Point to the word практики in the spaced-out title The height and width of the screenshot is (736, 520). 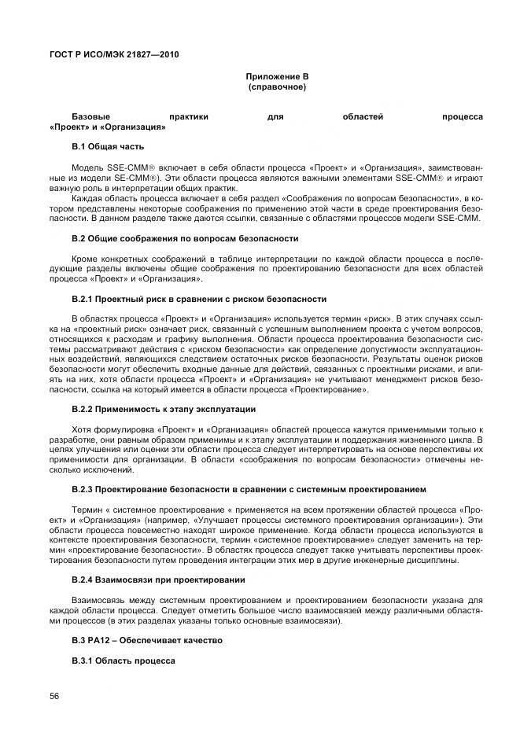pyautogui.click(x=188, y=116)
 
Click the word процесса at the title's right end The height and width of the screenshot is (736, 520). pyautogui.click(x=462, y=116)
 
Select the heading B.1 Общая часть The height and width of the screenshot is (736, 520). pyautogui.click(x=108, y=146)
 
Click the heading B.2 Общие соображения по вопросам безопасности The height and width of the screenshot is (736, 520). pyautogui.click(x=184, y=237)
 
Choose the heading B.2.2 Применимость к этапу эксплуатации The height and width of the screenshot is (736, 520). pyautogui.click(x=164, y=409)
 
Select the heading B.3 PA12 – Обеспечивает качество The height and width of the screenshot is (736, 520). pyautogui.click(x=147, y=640)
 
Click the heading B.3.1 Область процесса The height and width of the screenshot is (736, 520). pyautogui.click(x=124, y=661)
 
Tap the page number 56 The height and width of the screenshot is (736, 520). pyautogui.click(x=55, y=695)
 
